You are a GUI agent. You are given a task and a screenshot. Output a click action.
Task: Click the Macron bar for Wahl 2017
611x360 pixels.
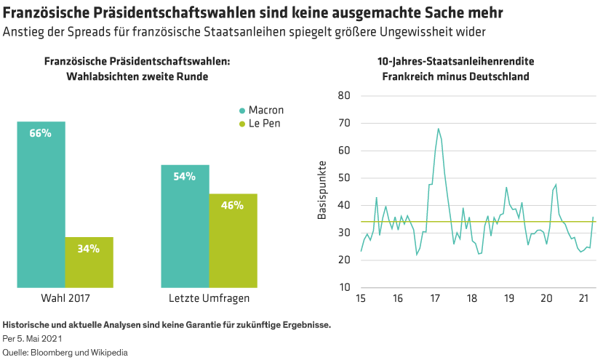point(41,204)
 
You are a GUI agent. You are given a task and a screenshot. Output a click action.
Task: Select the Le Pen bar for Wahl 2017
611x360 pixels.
point(89,262)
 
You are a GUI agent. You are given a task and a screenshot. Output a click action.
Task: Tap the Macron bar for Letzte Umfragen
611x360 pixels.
point(185,225)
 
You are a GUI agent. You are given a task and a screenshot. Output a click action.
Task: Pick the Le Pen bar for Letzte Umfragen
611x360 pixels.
point(233,240)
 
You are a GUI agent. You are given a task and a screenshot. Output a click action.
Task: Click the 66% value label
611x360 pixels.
point(41,133)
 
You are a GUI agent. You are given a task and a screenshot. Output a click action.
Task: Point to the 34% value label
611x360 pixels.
point(89,249)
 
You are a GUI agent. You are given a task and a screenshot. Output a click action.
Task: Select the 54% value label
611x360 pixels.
point(185,177)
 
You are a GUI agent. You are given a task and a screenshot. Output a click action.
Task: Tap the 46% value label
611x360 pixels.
point(233,205)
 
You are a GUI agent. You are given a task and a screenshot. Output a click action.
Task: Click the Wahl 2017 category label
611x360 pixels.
point(65,298)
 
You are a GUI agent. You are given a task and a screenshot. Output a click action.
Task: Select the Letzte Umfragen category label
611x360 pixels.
point(209,298)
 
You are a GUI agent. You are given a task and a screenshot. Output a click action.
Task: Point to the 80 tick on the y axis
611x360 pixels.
point(345,96)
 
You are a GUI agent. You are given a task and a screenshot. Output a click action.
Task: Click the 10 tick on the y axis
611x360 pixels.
point(345,287)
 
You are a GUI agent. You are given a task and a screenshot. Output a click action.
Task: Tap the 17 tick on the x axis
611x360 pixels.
point(434,299)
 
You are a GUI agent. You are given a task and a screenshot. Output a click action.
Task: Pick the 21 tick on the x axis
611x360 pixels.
point(583,299)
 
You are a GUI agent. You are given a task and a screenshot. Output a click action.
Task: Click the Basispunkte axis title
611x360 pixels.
point(322,192)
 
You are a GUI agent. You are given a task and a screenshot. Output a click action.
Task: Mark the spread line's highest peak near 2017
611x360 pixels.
point(439,129)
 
